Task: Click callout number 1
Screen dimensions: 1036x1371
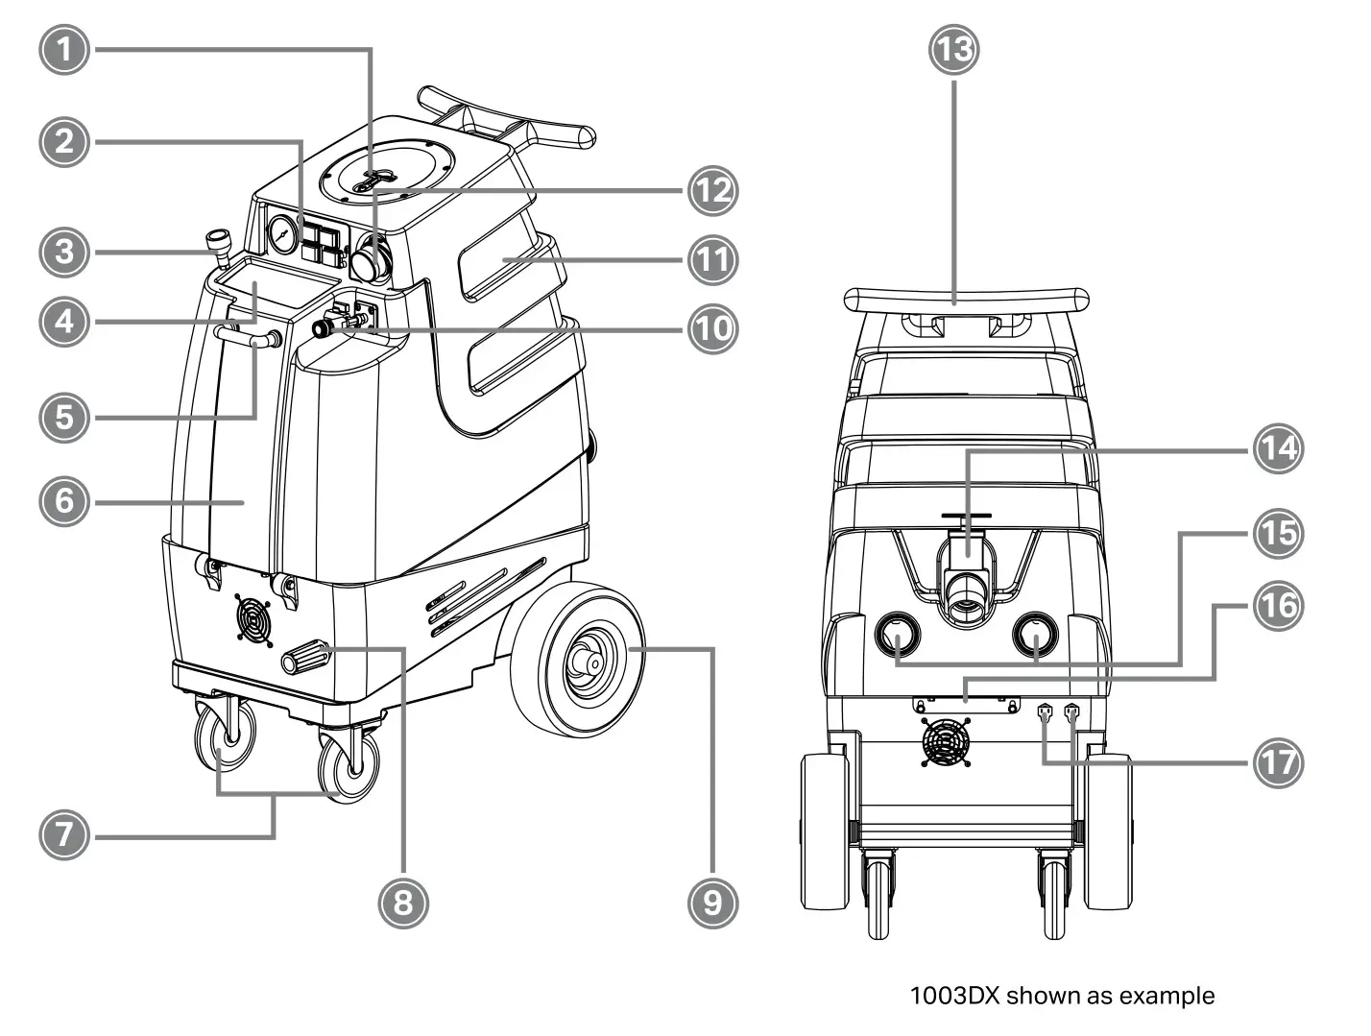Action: click(64, 49)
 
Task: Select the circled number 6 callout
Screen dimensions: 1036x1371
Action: click(64, 500)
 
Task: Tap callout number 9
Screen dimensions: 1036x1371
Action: click(713, 902)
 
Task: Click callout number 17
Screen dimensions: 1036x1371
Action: click(1276, 763)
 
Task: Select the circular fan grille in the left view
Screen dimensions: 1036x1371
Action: click(253, 621)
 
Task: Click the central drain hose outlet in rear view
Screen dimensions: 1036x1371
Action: click(966, 595)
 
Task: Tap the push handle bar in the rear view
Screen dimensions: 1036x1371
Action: click(966, 297)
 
